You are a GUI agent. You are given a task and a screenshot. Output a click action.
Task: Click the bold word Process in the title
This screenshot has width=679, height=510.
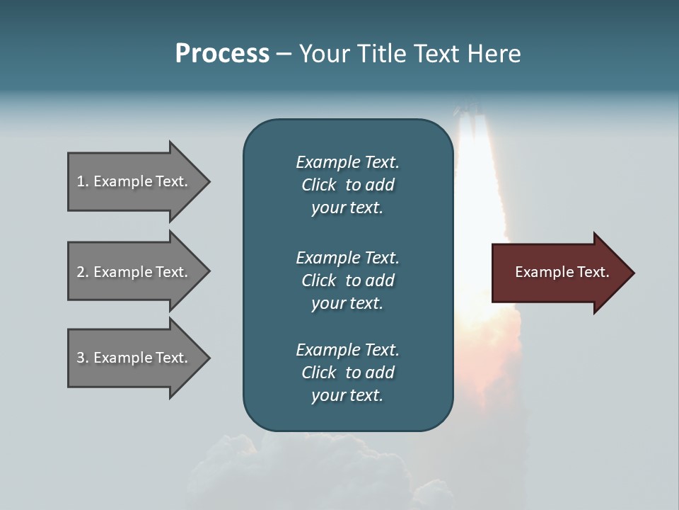pos(222,54)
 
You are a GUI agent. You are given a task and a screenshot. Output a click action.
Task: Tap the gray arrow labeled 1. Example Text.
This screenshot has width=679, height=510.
pos(134,181)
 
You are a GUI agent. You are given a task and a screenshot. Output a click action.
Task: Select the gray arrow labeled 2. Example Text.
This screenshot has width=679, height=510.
pos(134,272)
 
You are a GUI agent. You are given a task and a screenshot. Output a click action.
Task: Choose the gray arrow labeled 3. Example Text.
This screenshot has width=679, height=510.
pos(134,358)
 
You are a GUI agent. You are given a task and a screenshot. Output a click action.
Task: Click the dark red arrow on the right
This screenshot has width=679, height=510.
pos(559,272)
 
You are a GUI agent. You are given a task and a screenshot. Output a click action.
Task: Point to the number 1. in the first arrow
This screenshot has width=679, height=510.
pos(83,181)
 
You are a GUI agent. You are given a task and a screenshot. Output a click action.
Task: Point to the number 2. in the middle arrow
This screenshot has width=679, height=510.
pos(83,272)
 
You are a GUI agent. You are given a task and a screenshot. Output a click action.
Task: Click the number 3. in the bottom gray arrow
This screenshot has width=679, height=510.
pos(83,358)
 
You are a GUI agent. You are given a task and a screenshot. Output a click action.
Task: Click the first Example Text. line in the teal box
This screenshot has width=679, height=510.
pos(347,162)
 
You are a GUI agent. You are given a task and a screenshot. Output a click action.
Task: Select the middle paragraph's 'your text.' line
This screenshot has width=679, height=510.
pos(347,303)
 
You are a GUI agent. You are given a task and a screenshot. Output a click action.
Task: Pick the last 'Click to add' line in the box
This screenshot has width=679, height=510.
pos(347,373)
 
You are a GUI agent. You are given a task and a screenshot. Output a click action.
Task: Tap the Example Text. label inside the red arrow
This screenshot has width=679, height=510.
pos(562,272)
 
